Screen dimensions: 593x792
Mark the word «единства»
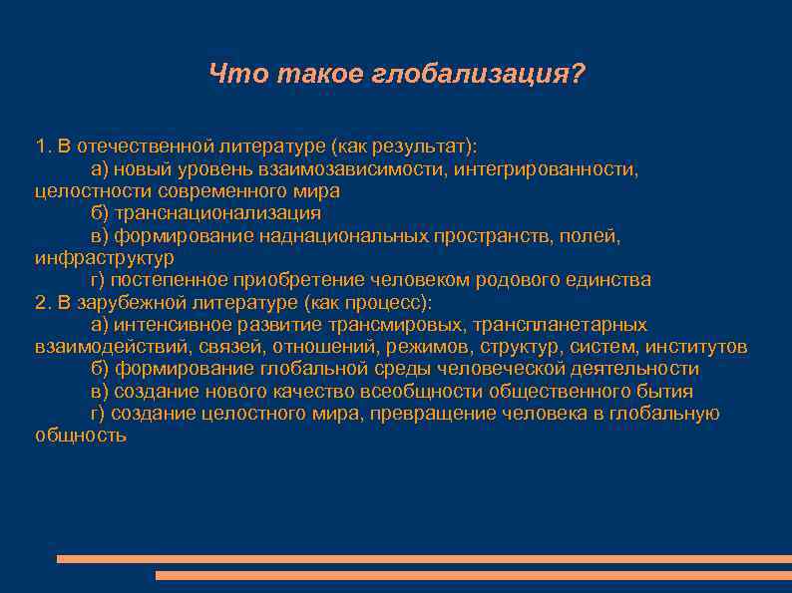[611, 280]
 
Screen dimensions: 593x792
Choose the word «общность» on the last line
[80, 436]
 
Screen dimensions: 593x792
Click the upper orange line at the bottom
[424, 559]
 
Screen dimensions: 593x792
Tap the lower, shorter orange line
[474, 576]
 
